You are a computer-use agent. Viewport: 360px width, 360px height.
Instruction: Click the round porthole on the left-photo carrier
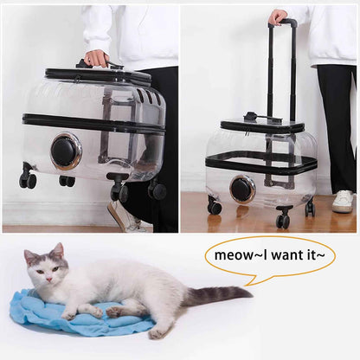[65, 151]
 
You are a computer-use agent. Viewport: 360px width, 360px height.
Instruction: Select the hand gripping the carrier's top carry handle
[96, 58]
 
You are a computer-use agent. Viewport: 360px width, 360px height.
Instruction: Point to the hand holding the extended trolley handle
[278, 16]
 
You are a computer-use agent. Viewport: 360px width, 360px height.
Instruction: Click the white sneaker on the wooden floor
[343, 201]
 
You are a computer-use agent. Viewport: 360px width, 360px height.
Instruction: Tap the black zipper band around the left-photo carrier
[95, 123]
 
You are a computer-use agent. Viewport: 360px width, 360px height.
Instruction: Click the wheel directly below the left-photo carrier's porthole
[67, 181]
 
